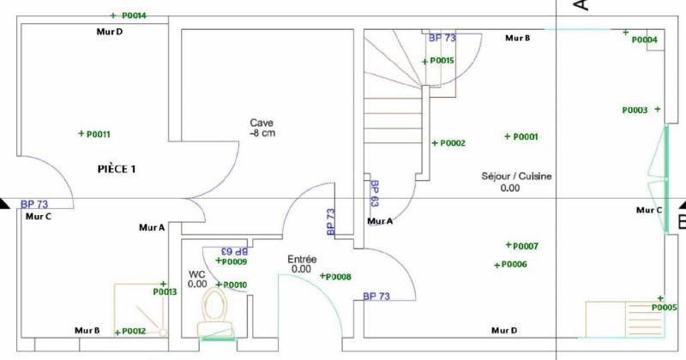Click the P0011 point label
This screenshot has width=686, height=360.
(x=99, y=135)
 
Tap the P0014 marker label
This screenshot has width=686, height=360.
(x=134, y=15)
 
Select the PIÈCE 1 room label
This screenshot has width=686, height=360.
(x=117, y=169)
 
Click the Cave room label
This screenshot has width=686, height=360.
(x=262, y=123)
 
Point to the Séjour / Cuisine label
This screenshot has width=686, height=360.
(x=517, y=177)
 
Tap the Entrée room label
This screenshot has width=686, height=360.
(x=302, y=260)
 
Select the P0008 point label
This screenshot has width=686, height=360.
(x=339, y=277)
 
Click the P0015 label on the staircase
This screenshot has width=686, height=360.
(x=442, y=60)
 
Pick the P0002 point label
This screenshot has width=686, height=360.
(x=453, y=143)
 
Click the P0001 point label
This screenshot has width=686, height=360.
(x=526, y=137)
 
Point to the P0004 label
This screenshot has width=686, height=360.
(x=645, y=39)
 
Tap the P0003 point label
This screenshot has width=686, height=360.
(x=635, y=111)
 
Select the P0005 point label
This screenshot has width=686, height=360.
(x=664, y=308)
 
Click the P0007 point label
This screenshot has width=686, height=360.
(x=526, y=246)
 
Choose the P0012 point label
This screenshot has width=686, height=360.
(x=134, y=331)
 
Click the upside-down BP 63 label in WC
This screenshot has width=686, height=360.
(x=235, y=251)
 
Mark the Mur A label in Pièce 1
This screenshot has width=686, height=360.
(x=152, y=227)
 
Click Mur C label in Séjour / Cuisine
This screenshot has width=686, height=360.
(x=649, y=210)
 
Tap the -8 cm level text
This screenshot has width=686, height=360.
(x=262, y=133)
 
